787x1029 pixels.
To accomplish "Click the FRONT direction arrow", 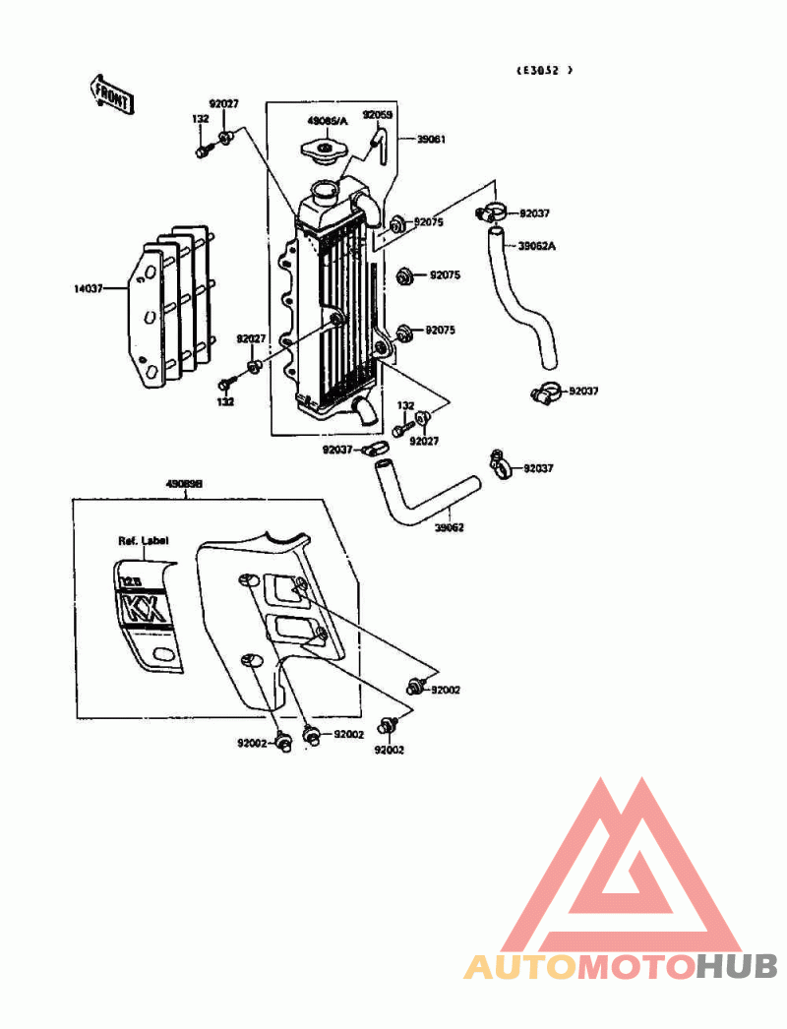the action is pyautogui.click(x=112, y=93).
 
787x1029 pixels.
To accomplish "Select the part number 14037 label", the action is pyautogui.click(x=88, y=289).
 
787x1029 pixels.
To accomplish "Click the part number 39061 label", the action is pyautogui.click(x=431, y=140).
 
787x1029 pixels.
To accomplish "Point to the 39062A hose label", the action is pyautogui.click(x=537, y=245).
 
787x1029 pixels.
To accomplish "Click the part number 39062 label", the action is pyautogui.click(x=449, y=527).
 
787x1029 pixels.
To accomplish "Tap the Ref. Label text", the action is pyautogui.click(x=143, y=540).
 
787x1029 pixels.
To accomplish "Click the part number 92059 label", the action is pyautogui.click(x=377, y=115).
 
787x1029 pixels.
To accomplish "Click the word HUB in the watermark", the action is pyautogui.click(x=737, y=967).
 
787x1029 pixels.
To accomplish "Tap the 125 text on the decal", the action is pyautogui.click(x=129, y=582).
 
